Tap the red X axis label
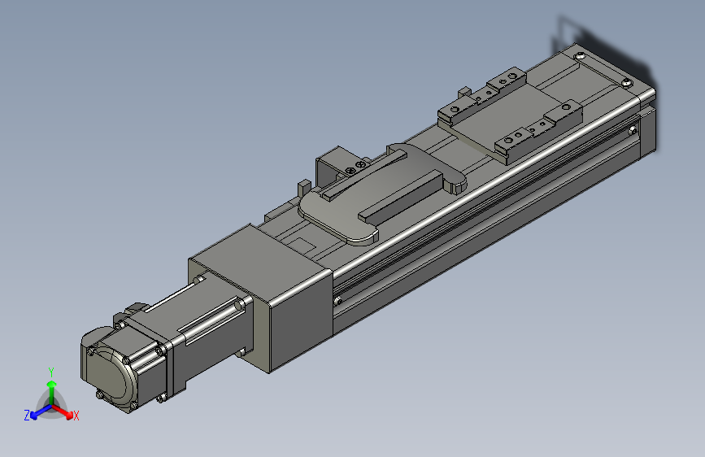pyautogui.click(x=76, y=416)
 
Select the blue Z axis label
pyautogui.click(x=27, y=416)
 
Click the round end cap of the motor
pyautogui.click(x=110, y=373)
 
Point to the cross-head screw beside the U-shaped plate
pyautogui.click(x=350, y=170)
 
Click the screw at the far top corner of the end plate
pyautogui.click(x=579, y=56)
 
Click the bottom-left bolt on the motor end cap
pyautogui.click(x=100, y=396)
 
